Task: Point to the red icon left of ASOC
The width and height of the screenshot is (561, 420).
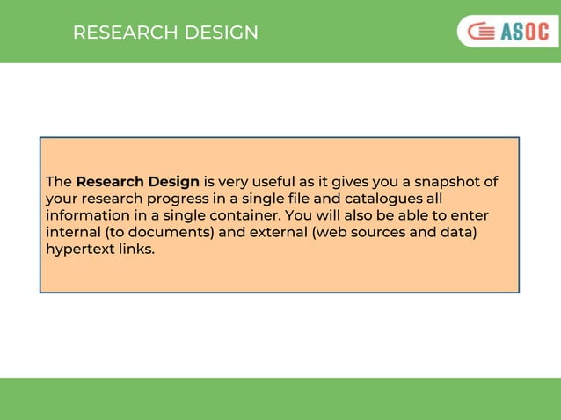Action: click(480, 33)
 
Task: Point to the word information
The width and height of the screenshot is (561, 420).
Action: click(86, 215)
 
